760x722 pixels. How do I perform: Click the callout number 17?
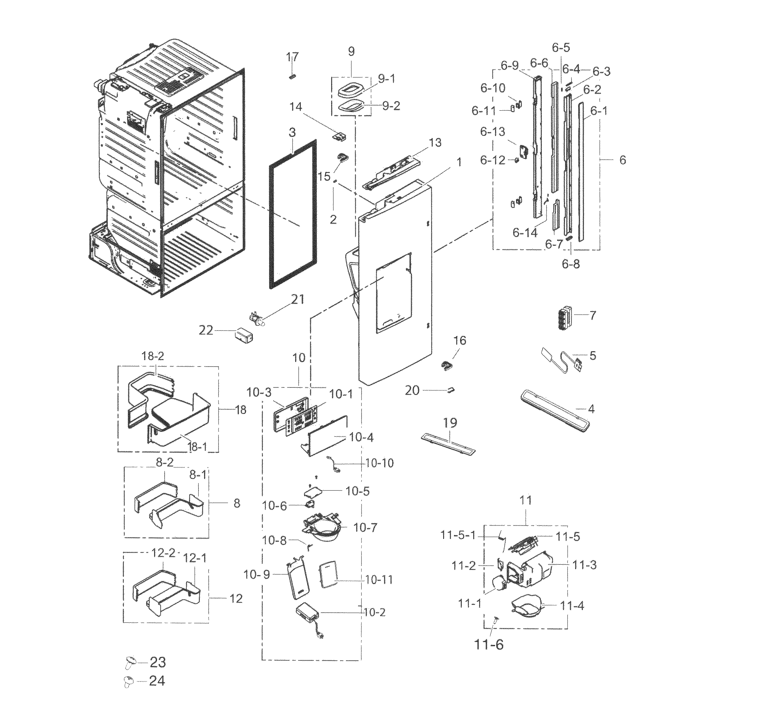point(292,57)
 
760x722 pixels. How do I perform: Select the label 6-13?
point(493,132)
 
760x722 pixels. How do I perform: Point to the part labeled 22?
point(244,335)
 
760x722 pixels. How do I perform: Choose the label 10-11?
point(379,580)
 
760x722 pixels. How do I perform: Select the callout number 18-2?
point(153,356)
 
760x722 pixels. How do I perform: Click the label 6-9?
point(509,66)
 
